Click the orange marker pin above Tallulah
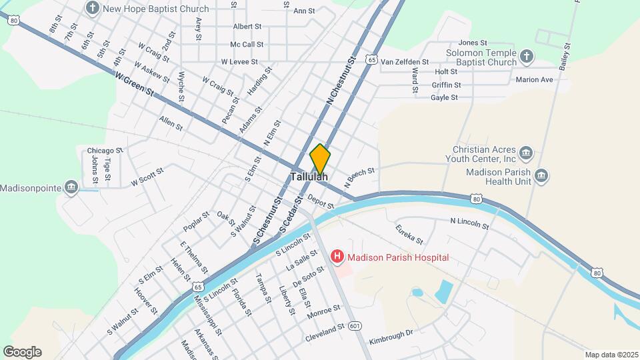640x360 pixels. coord(320,159)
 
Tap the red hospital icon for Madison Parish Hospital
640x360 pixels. coord(338,257)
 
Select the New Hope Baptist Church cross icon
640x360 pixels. coord(93,9)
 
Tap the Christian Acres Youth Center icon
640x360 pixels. coord(527,154)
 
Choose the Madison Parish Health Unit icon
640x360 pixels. coord(541,177)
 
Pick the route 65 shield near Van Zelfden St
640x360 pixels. coord(372,60)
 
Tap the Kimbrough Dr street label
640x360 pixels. coord(391,335)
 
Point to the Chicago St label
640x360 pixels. coord(105,150)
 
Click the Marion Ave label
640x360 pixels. coord(535,80)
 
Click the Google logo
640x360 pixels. coord(22,352)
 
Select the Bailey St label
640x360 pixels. coord(566,57)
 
